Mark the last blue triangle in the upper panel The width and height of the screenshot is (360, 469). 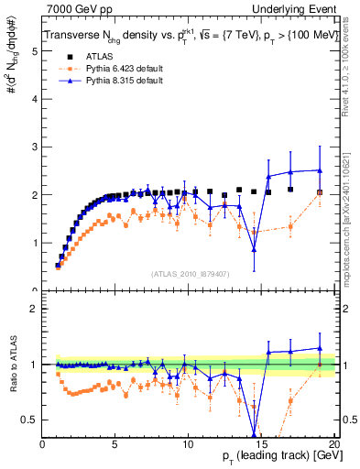click(320, 170)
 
